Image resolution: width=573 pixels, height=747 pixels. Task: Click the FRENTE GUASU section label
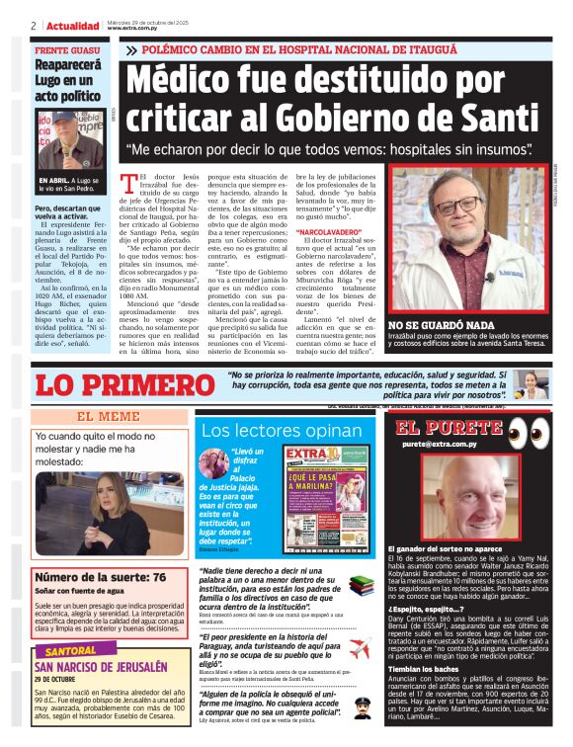coord(65,49)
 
